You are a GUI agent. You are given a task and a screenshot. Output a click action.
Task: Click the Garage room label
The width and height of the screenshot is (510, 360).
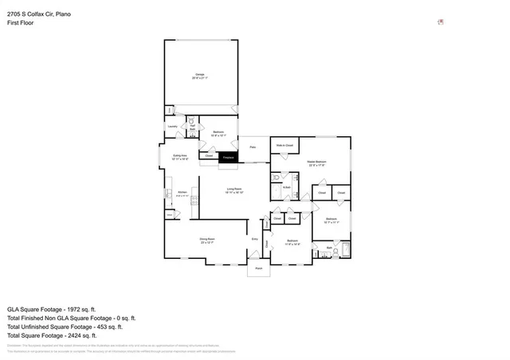click(x=201, y=75)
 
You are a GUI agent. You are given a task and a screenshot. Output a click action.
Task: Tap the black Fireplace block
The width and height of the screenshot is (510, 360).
click(x=228, y=158)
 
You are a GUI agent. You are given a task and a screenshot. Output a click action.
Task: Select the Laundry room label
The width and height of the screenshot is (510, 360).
click(x=172, y=126)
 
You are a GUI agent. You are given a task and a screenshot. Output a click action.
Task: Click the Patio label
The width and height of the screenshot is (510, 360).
click(x=253, y=147)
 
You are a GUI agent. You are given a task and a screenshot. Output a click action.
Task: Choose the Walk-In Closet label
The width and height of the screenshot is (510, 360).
click(x=285, y=146)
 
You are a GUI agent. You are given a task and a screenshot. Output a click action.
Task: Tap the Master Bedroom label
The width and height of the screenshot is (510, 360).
click(x=317, y=162)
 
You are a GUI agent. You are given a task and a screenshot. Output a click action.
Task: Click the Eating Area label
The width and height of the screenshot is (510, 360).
click(x=179, y=157)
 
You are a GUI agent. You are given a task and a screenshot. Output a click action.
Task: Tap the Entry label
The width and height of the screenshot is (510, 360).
click(x=255, y=239)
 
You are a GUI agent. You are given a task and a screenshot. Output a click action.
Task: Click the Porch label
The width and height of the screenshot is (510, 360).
click(x=258, y=268)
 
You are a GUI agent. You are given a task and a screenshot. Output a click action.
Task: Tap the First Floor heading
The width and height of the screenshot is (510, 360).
click(x=20, y=23)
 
